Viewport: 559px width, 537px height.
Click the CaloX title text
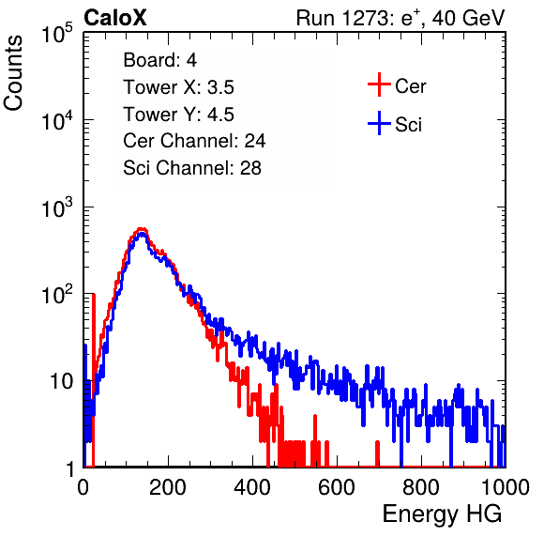tap(115, 18)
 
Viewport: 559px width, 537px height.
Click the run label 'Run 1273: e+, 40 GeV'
tap(400, 18)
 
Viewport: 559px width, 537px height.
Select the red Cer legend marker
tap(379, 84)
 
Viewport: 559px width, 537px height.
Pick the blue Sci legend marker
tap(379, 123)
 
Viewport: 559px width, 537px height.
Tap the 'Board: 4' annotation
tap(159, 60)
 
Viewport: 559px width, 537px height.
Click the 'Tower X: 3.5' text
tap(178, 87)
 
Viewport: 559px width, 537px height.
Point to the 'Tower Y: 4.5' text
tap(178, 115)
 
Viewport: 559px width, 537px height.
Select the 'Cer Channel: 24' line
tap(194, 141)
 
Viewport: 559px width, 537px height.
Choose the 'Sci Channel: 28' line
tap(192, 168)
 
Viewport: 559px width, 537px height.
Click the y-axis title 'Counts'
tap(13, 73)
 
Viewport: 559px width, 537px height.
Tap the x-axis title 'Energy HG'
tap(442, 514)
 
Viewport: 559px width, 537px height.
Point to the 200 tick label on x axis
tap(168, 487)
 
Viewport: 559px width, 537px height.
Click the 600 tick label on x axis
tap(337, 487)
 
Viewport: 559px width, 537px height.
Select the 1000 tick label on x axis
tap(506, 487)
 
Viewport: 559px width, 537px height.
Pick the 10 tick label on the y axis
tap(61, 382)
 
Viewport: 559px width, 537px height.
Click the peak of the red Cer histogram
tap(142, 229)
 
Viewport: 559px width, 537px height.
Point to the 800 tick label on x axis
tap(421, 487)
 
